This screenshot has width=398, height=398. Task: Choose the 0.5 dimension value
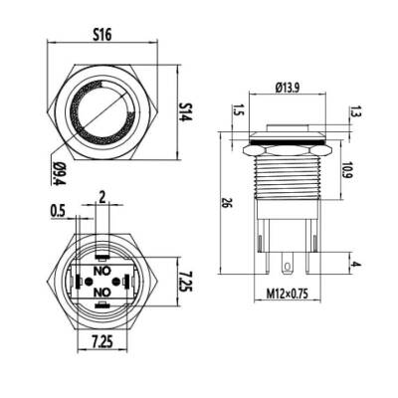coord(58,209)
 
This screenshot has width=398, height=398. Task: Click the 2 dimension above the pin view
coord(100,197)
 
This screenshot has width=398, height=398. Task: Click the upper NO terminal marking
coord(100,269)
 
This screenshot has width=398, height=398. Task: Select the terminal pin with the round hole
coord(290,264)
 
